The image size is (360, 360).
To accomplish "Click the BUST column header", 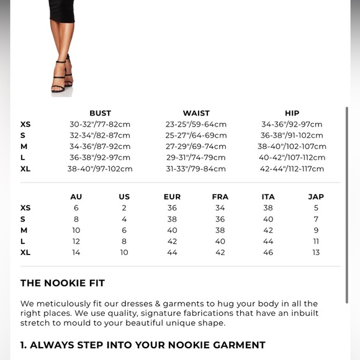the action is (x=100, y=113).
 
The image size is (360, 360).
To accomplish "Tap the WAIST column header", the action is (x=196, y=113).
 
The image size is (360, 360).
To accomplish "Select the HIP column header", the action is (x=292, y=113).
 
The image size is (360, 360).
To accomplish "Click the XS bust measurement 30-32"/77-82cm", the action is (x=100, y=124).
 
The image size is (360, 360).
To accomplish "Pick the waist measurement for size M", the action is (x=196, y=146).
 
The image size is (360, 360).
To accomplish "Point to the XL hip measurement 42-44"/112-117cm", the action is (x=292, y=169).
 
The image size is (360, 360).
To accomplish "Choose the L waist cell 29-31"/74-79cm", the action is (x=196, y=158).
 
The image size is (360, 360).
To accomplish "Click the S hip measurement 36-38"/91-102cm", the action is (x=292, y=135).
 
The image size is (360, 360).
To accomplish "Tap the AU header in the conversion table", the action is (x=76, y=197).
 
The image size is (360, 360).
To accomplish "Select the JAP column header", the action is (x=316, y=197).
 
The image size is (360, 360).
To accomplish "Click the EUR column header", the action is (x=172, y=197).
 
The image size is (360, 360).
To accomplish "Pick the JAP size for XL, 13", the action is (x=316, y=253).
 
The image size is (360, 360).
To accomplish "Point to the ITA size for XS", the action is (x=268, y=208).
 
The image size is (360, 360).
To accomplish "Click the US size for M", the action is (x=124, y=230).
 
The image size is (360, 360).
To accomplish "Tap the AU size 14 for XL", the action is (x=76, y=253).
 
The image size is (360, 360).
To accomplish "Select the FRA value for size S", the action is (x=220, y=219).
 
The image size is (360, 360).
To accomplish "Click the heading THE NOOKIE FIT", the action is (x=63, y=283).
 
